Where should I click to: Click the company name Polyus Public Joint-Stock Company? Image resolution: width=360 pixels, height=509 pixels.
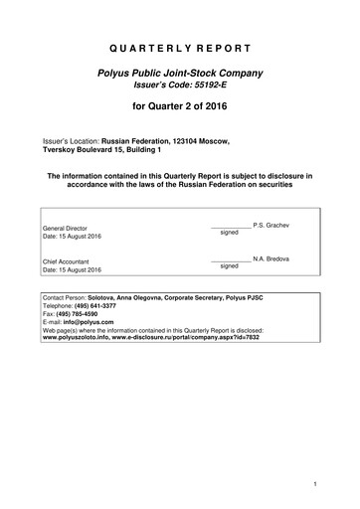point(180,75)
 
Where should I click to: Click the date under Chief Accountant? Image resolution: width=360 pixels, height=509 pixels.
point(73,270)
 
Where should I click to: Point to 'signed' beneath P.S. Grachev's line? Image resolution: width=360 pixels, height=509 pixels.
point(229,234)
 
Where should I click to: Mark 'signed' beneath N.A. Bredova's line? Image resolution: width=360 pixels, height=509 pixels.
point(229,266)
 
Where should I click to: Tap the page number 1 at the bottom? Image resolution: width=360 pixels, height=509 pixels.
point(314,484)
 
